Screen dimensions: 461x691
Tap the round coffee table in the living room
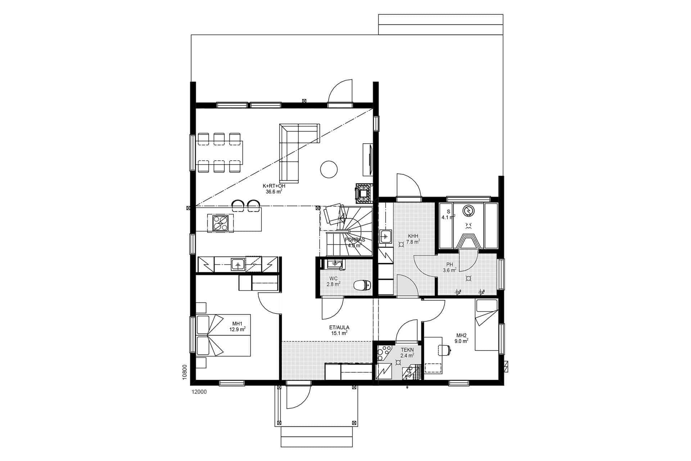[328, 169]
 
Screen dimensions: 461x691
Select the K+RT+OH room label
[274, 189]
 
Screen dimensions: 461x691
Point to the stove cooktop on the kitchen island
[220, 223]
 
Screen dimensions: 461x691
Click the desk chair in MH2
[444, 349]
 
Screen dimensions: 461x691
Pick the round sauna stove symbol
[469, 211]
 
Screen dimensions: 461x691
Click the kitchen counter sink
[238, 265]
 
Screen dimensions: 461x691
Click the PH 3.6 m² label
[450, 267]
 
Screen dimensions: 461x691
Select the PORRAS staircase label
[354, 242]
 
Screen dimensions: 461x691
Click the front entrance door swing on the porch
[298, 398]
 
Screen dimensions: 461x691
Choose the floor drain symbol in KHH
[401, 244]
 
